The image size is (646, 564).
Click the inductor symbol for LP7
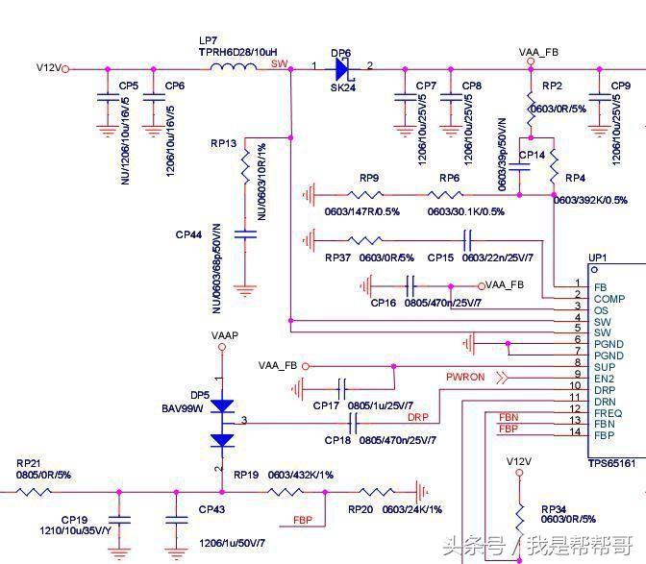233,66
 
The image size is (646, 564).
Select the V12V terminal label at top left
49,68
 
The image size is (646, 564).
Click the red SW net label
279,63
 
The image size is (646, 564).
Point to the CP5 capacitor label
128,86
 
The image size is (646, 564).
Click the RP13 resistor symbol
246,170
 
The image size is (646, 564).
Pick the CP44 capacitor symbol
246,233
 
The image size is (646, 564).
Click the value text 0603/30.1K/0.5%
466,211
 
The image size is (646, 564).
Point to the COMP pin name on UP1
609,299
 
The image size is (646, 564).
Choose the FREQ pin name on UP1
608,412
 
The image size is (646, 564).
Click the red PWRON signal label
465,378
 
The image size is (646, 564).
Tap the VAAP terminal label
224,335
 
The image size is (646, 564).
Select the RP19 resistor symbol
286,492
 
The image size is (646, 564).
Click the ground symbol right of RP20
420,491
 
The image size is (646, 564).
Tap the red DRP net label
417,417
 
